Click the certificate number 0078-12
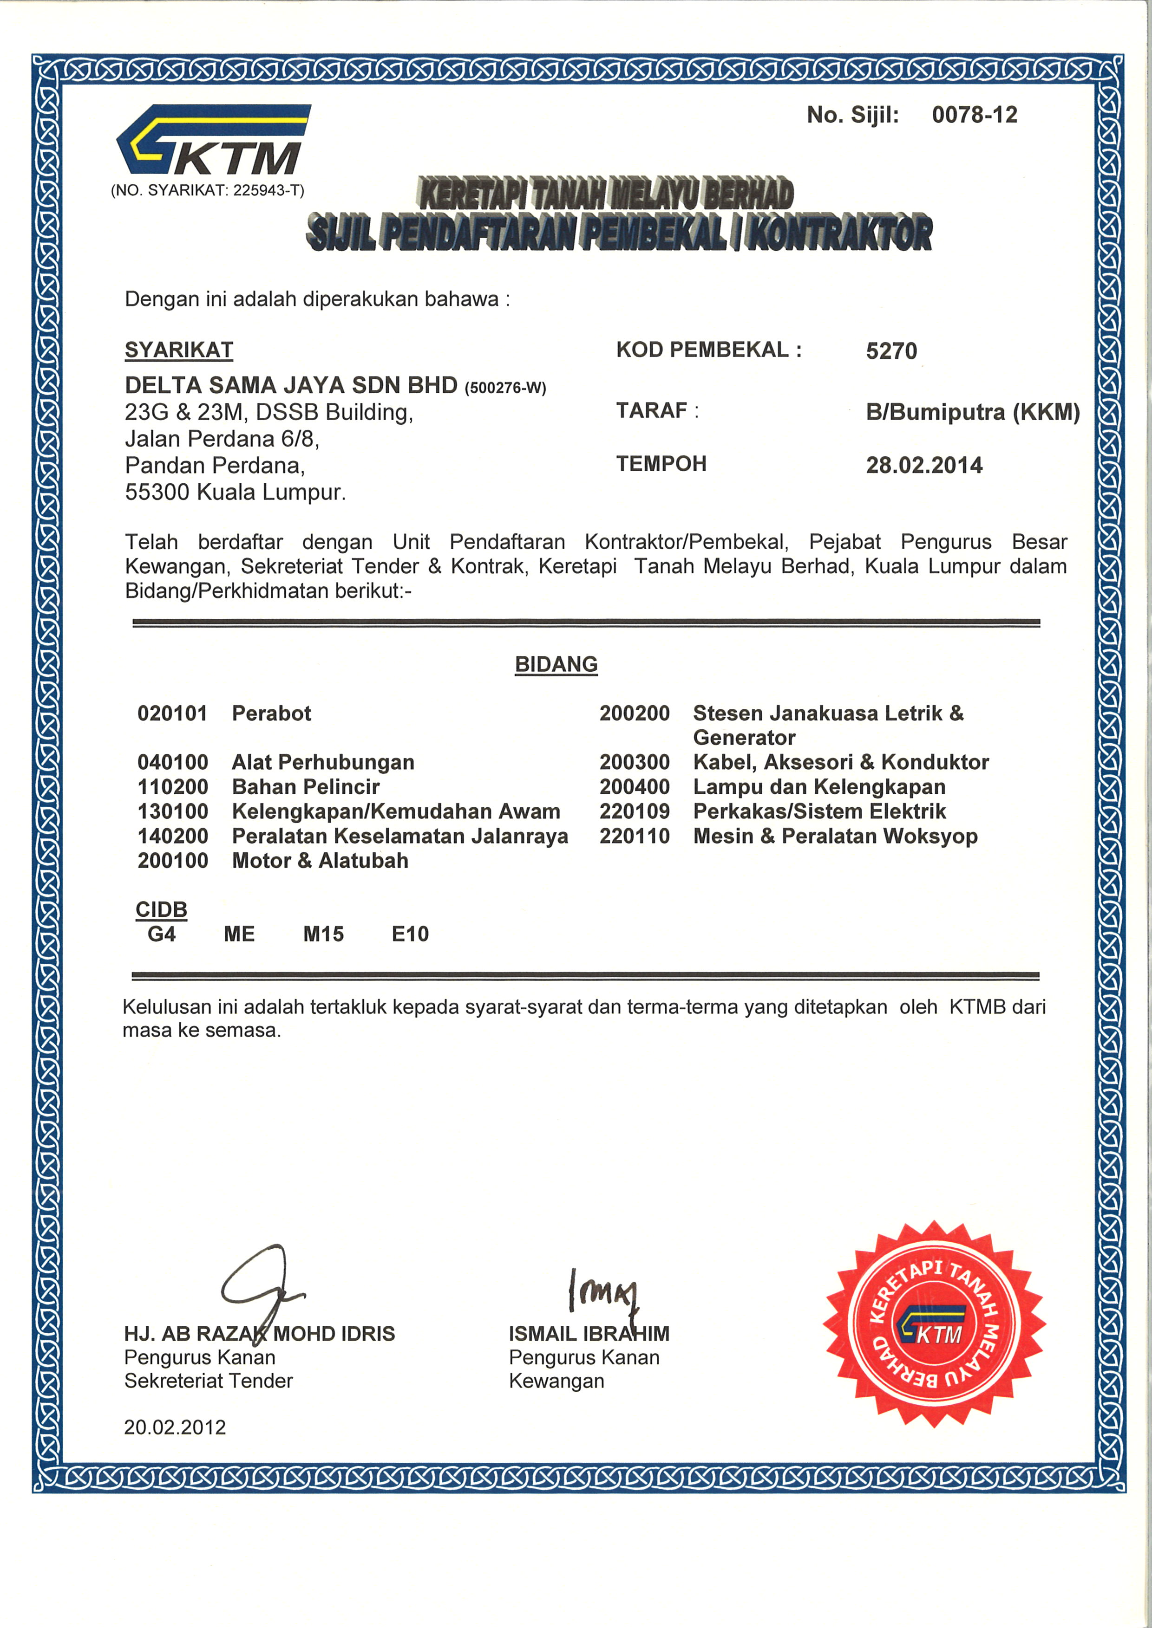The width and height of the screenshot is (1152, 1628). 974,115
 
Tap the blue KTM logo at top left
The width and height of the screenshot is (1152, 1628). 212,140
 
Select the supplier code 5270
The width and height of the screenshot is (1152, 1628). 891,351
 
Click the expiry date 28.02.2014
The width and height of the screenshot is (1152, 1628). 923,465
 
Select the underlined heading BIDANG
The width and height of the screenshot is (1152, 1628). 556,664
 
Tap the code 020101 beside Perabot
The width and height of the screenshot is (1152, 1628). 172,713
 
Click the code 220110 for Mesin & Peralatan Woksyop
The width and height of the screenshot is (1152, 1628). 634,836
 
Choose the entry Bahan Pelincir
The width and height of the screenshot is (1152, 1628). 306,787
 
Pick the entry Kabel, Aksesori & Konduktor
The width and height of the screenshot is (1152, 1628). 841,762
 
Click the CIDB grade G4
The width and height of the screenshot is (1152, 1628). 162,934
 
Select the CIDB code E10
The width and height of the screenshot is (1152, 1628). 410,934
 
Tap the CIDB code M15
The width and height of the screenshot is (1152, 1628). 323,934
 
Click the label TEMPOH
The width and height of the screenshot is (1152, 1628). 661,464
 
